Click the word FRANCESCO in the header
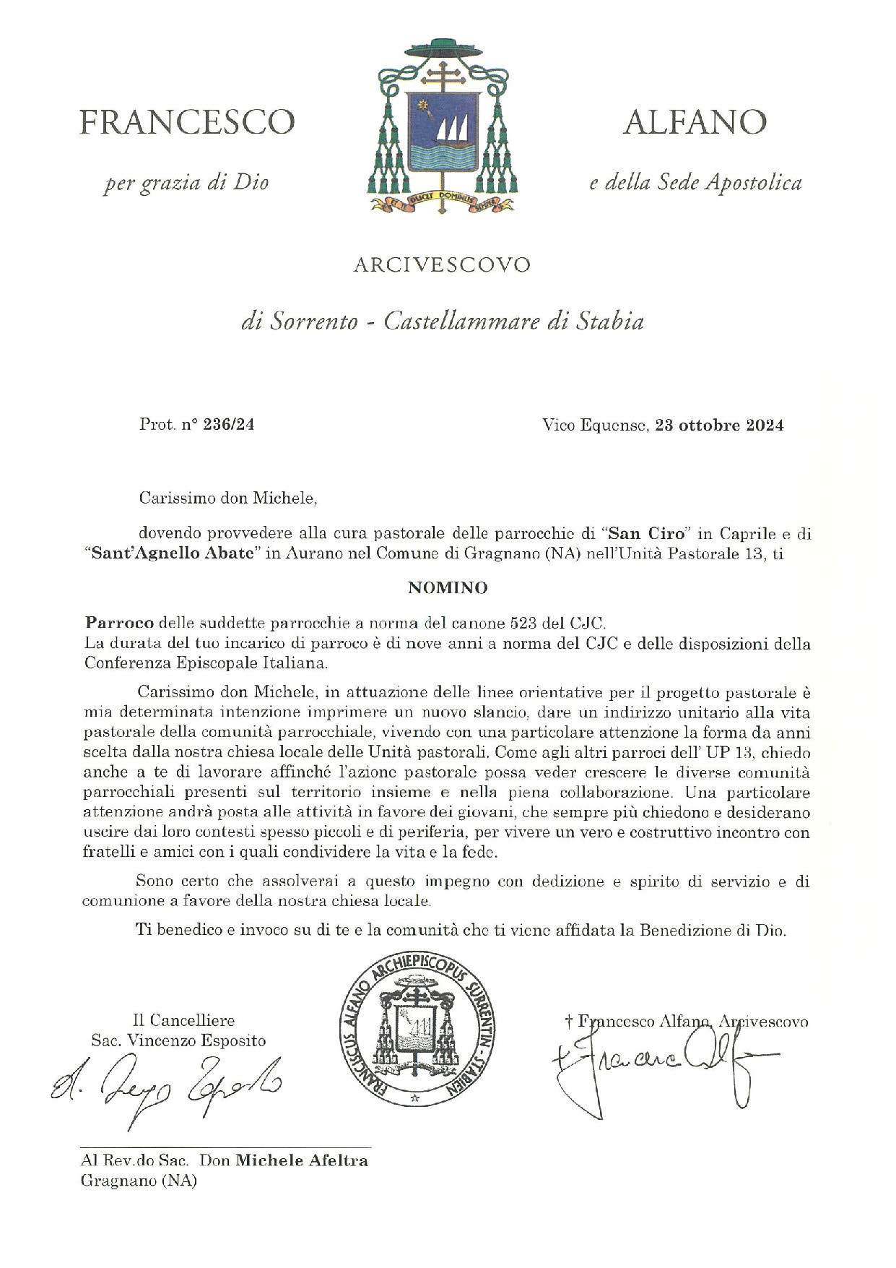tap(186, 122)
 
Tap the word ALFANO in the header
tap(695, 122)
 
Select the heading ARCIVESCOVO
tap(442, 265)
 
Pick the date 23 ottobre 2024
tap(719, 425)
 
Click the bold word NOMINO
tap(448, 588)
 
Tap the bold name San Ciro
tap(646, 535)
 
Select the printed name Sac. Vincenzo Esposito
tap(178, 1040)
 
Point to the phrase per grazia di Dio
tap(186, 183)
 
